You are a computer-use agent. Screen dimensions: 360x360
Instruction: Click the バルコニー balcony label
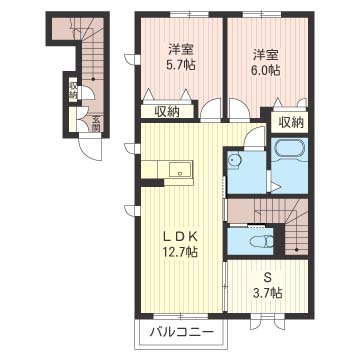181,332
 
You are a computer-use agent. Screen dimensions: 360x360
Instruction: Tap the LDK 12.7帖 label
180,244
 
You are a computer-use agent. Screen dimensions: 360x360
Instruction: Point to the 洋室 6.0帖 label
266,62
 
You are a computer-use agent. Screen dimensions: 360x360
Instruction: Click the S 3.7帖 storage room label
267,285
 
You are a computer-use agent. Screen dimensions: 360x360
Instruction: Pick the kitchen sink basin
180,169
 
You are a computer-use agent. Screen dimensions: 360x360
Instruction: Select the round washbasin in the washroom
234,161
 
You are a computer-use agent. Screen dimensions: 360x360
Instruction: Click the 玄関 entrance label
96,123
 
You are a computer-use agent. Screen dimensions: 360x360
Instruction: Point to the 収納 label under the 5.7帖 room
166,112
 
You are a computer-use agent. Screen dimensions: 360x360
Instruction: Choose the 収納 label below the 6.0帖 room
291,123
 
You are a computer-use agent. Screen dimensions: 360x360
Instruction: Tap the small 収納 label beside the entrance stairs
73,89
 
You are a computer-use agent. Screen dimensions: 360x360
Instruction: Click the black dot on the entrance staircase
93,79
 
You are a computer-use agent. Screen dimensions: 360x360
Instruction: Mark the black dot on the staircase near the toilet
296,249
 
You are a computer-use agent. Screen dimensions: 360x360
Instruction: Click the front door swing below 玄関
90,149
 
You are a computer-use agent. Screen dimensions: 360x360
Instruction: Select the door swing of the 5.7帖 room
211,109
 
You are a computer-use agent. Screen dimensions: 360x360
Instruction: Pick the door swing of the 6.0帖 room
239,109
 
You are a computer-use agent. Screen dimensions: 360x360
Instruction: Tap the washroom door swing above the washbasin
254,137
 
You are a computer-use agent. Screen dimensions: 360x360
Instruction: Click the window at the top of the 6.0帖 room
262,14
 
